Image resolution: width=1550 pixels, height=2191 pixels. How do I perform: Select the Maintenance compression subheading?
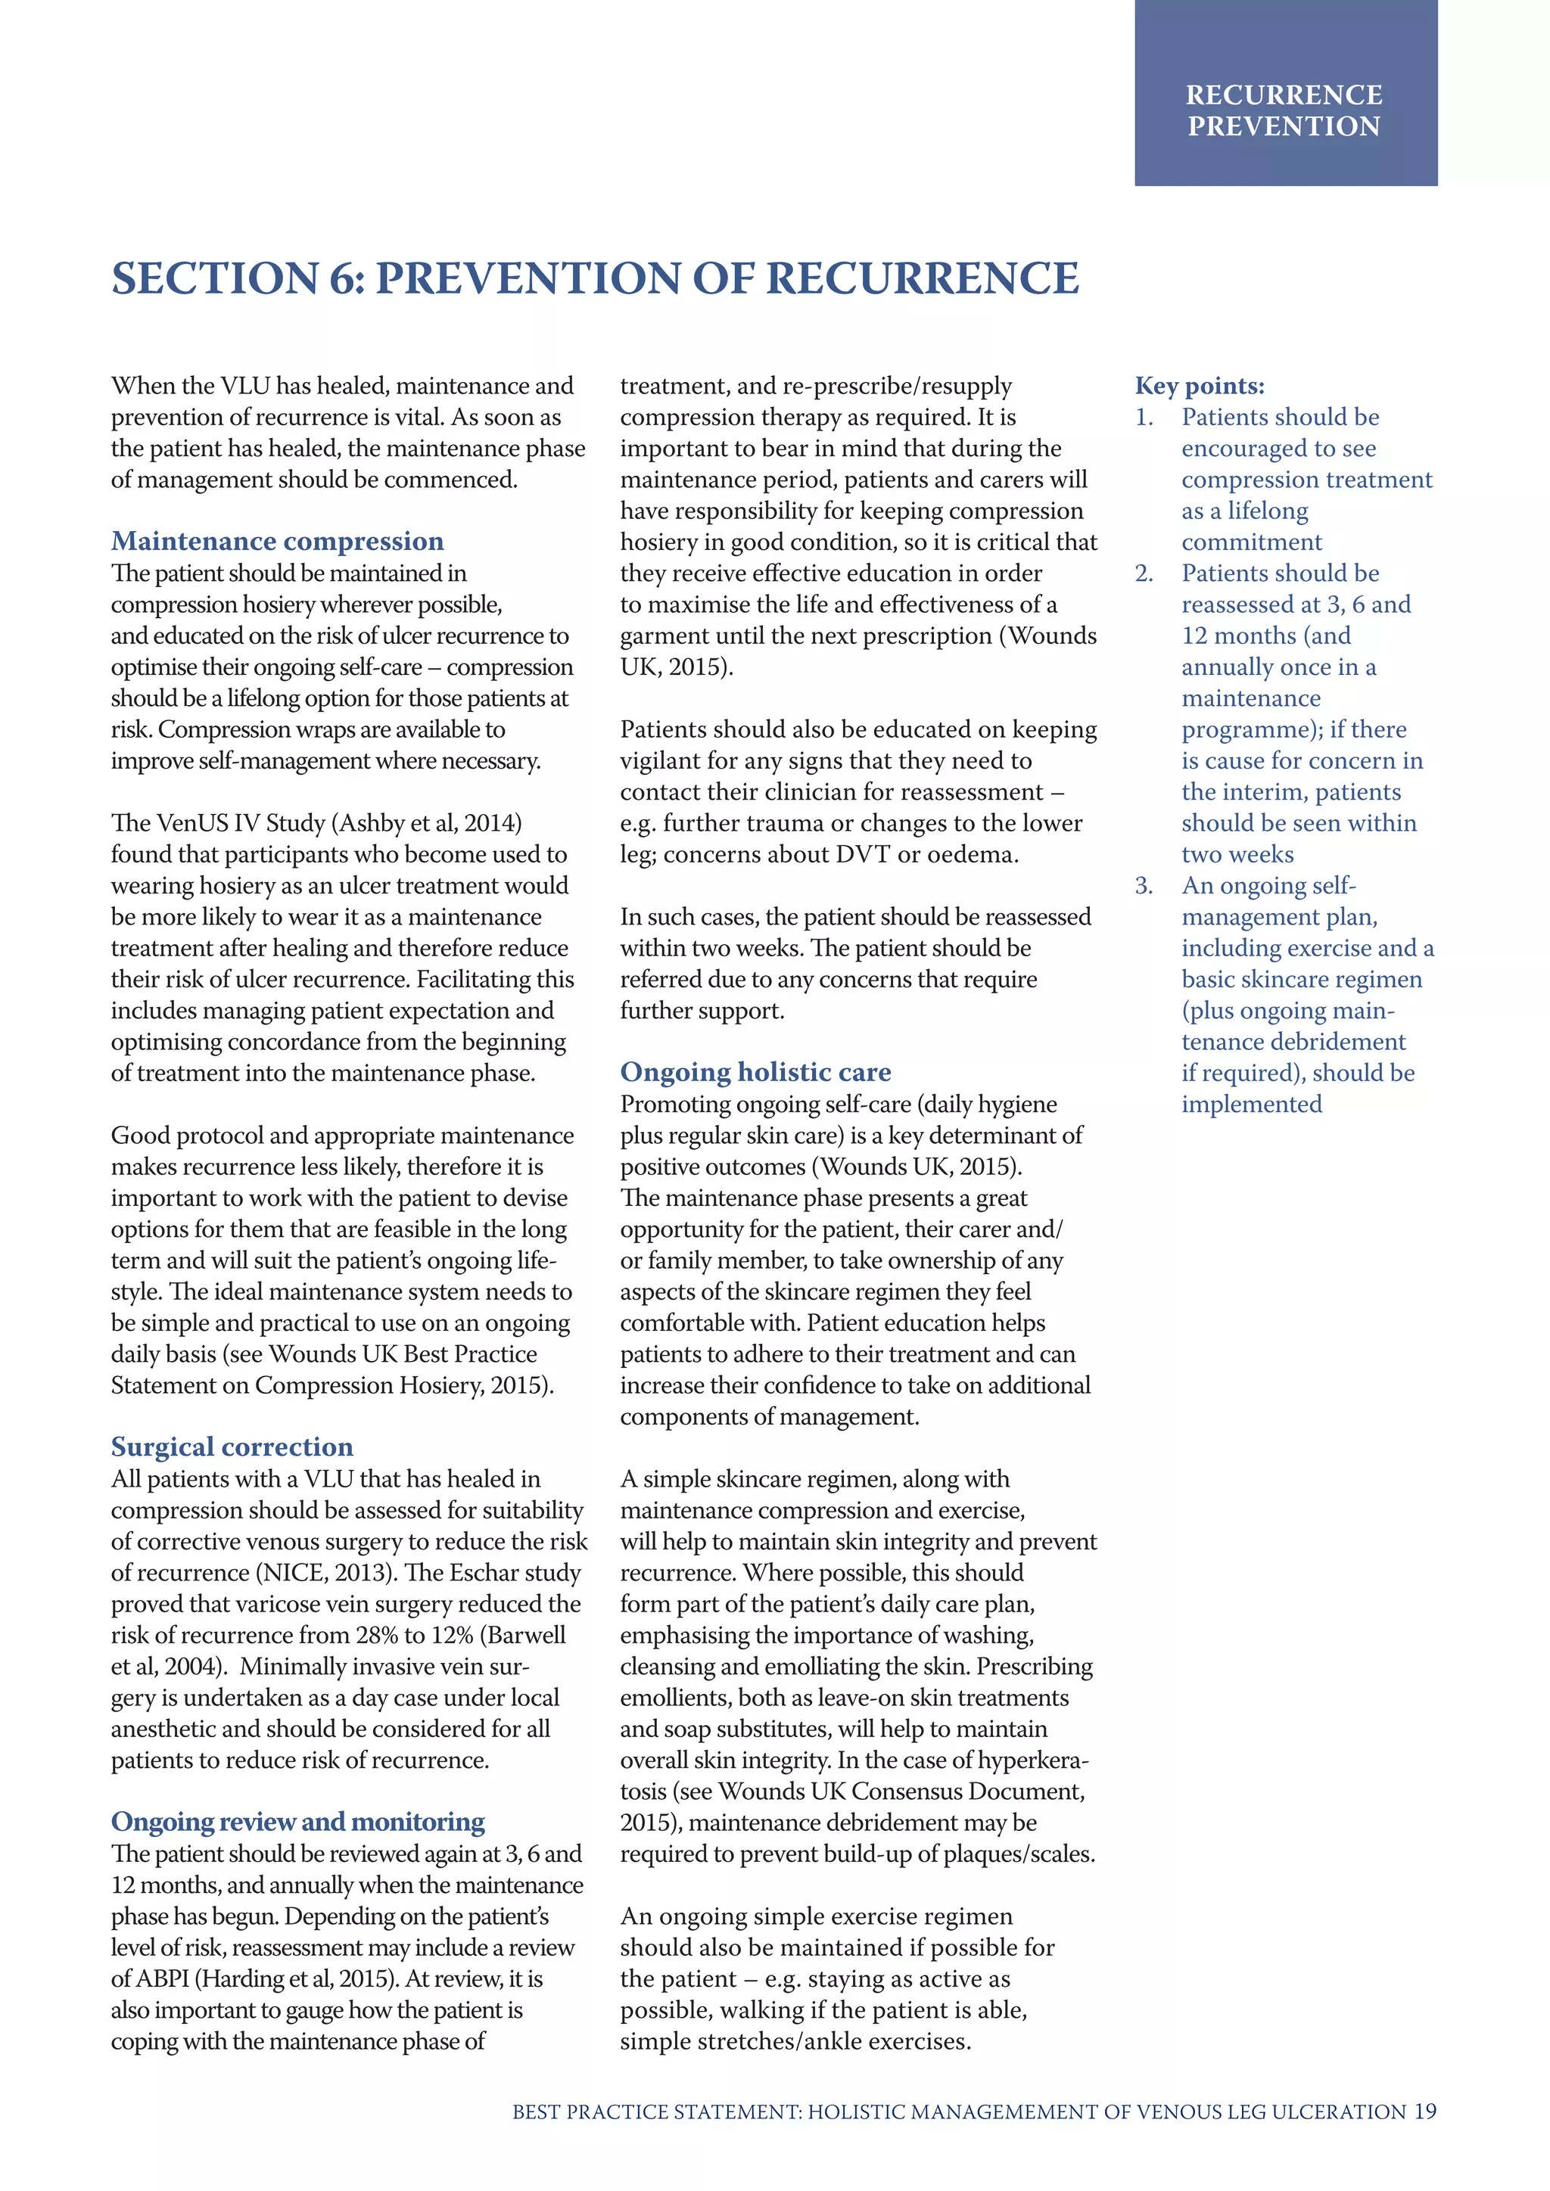click(277, 541)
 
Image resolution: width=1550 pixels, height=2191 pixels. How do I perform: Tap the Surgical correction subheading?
click(232, 1447)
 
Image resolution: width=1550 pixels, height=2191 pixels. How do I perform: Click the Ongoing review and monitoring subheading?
click(297, 1822)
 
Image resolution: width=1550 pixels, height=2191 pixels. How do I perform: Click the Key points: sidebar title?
click(1199, 386)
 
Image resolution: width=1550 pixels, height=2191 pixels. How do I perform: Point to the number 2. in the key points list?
click(1144, 573)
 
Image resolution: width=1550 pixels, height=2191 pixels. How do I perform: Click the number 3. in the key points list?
click(1144, 886)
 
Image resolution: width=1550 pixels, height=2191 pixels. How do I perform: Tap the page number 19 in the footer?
click(1425, 2112)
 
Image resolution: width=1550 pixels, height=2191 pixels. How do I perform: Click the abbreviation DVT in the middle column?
click(863, 854)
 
